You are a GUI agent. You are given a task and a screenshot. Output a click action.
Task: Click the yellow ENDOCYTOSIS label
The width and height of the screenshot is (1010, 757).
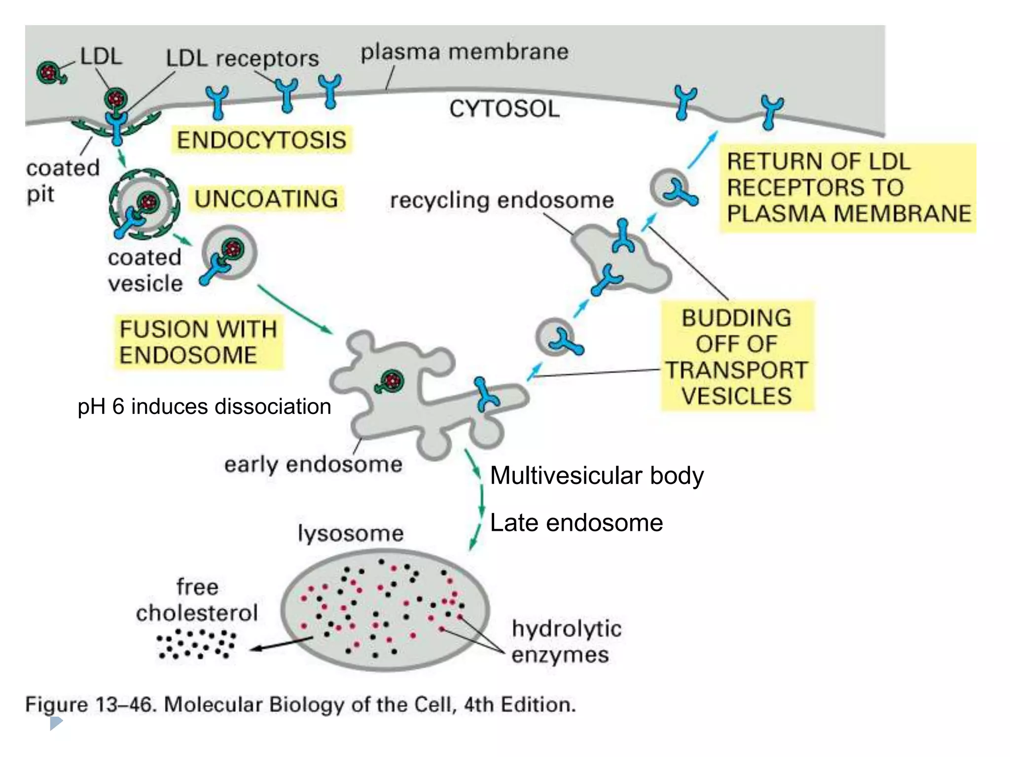tap(261, 140)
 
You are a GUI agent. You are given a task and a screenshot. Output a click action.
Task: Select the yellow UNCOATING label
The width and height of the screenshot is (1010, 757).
tap(266, 199)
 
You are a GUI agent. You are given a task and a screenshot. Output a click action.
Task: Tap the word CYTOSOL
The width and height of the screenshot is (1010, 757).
tap(504, 109)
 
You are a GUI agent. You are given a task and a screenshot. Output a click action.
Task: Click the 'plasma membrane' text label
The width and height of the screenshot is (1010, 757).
tap(464, 52)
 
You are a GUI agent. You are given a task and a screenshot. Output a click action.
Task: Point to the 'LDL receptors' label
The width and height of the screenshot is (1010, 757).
tap(242, 59)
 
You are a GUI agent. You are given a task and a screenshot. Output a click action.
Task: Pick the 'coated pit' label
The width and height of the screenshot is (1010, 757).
tap(62, 180)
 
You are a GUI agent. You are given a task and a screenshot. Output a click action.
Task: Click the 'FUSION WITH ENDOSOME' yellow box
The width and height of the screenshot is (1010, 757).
tap(198, 342)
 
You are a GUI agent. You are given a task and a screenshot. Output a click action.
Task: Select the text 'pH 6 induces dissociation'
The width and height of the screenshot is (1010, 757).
tap(204, 407)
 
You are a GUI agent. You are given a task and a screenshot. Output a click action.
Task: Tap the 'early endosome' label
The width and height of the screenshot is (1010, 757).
tap(313, 464)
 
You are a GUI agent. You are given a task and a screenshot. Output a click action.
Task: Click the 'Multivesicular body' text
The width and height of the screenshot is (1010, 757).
tap(597, 476)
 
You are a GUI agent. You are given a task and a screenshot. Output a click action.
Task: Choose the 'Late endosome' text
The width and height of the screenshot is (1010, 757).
tap(576, 523)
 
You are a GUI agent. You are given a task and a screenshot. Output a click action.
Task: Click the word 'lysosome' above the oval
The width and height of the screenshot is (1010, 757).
tap(351, 533)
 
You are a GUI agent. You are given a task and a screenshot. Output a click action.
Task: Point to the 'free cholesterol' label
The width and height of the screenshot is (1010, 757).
tap(197, 600)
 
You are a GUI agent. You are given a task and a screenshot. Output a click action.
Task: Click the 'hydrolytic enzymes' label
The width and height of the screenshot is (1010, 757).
tap(566, 642)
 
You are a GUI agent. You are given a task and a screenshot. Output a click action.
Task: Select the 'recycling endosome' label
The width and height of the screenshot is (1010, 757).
tap(502, 201)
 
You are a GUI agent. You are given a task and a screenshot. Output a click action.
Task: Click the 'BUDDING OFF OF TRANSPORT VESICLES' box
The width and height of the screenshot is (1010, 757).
tap(737, 357)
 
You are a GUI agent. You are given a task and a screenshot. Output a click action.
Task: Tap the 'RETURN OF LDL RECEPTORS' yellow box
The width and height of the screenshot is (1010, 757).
tap(847, 188)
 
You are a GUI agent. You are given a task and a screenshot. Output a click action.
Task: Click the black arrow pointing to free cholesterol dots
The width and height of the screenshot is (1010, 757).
tap(281, 644)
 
